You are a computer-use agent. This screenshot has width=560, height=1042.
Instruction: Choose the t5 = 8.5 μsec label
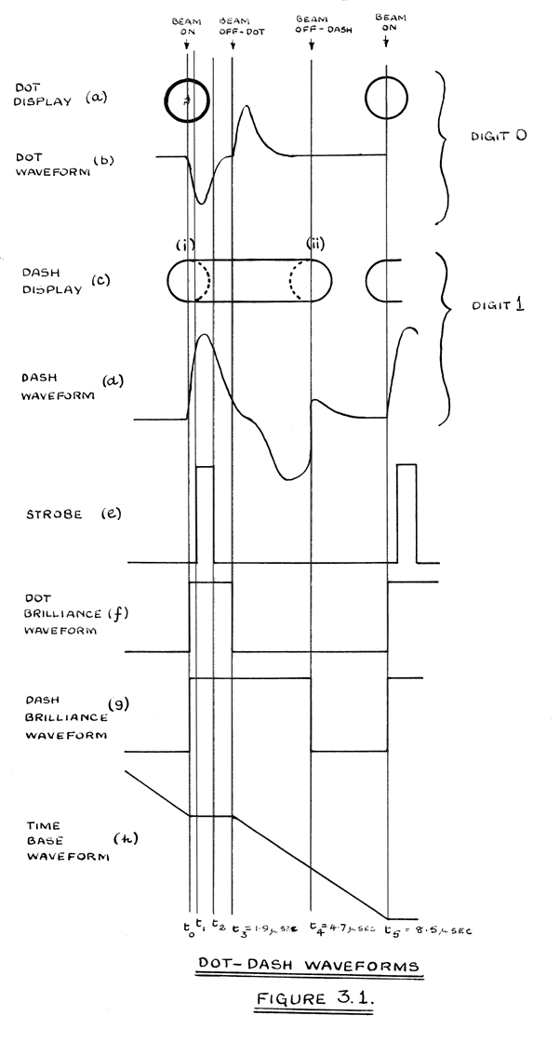(x=426, y=928)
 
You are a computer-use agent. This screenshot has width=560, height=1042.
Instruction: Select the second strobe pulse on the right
(x=407, y=512)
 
